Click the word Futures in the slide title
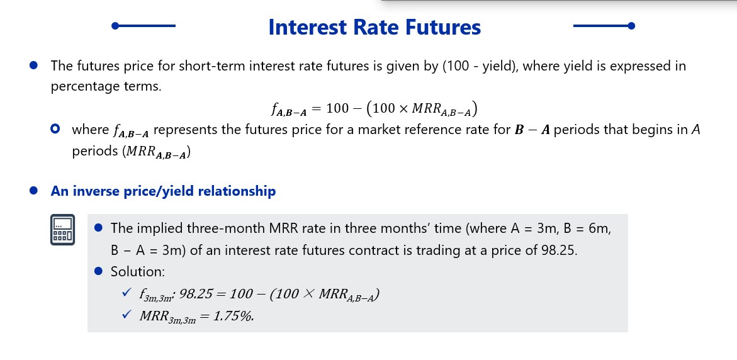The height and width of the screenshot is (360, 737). click(x=442, y=27)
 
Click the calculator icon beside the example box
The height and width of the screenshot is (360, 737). click(x=62, y=229)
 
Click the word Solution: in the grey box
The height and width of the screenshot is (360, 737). click(x=138, y=272)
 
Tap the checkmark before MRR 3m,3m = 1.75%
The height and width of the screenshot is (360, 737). click(x=126, y=315)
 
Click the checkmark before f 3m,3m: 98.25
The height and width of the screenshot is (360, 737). click(x=126, y=292)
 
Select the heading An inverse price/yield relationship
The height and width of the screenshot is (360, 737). click(x=163, y=192)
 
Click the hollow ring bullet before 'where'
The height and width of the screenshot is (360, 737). click(x=55, y=129)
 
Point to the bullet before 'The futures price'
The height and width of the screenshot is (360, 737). click(x=33, y=65)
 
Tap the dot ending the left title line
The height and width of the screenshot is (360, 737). click(x=115, y=26)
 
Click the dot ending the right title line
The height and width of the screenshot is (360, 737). click(x=631, y=26)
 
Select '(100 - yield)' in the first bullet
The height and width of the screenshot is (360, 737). click(x=480, y=66)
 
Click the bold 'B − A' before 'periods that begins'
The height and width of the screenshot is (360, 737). click(x=532, y=130)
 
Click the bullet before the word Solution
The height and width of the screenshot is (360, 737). click(x=98, y=271)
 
